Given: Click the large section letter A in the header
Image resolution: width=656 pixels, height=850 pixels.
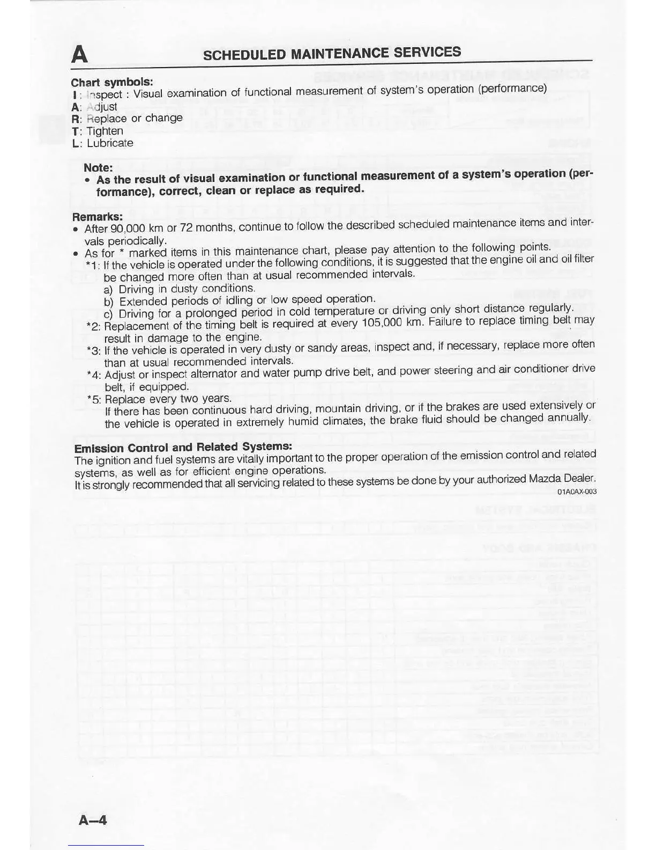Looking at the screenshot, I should pyautogui.click(x=79, y=54).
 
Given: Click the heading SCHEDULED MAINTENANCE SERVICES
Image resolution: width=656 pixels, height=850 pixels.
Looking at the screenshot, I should pyautogui.click(x=332, y=53).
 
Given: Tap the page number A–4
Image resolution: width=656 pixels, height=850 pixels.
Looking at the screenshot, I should pyautogui.click(x=93, y=819).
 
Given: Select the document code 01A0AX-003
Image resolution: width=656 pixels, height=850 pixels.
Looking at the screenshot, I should pyautogui.click(x=577, y=492).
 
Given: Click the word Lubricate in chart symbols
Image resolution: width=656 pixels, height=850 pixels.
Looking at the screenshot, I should pyautogui.click(x=110, y=143).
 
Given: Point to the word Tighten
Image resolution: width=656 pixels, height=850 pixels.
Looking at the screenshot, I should pyautogui.click(x=105, y=131).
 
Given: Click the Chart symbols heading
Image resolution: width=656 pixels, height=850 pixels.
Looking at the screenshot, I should pyautogui.click(x=112, y=82).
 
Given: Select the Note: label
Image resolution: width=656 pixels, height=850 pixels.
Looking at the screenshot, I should pyautogui.click(x=98, y=168).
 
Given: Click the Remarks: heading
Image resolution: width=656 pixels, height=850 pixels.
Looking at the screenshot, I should pyautogui.click(x=98, y=217).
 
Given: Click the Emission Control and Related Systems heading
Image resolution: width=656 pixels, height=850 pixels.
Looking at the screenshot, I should pyautogui.click(x=183, y=447).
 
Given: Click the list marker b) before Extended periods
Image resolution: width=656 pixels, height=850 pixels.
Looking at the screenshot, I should pyautogui.click(x=109, y=302).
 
